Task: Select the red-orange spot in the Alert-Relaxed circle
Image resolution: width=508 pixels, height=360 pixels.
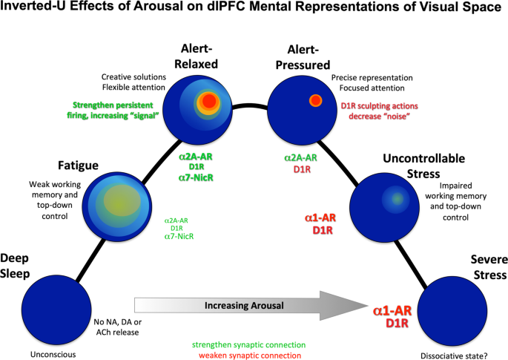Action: click(x=209, y=101)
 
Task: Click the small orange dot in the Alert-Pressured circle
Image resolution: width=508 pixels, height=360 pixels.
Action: click(x=315, y=100)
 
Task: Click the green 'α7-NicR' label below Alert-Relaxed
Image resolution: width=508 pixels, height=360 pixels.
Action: click(x=197, y=177)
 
